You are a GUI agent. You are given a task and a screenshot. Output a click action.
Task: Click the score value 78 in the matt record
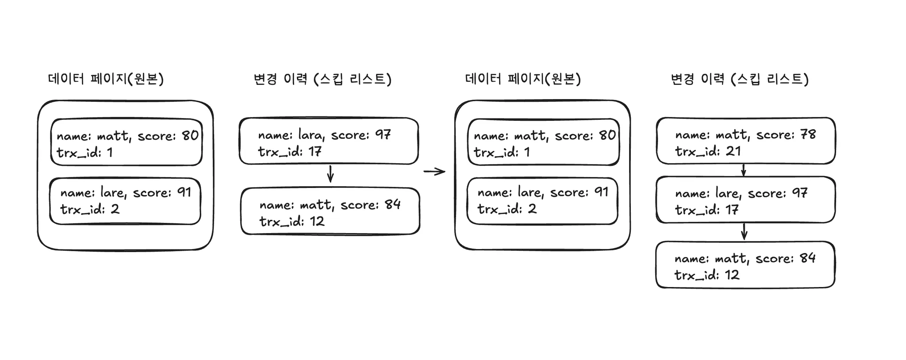pos(808,134)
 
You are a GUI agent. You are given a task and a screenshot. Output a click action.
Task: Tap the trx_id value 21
pos(733,151)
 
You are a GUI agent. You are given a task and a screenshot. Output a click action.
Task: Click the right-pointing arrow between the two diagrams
pos(434,172)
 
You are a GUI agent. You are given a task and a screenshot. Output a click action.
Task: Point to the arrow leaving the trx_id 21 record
pos(744,170)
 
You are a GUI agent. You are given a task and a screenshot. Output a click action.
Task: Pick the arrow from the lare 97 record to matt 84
pos(744,231)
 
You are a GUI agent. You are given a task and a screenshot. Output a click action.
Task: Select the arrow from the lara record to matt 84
pos(330,174)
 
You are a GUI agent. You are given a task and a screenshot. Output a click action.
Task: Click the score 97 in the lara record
pos(383,134)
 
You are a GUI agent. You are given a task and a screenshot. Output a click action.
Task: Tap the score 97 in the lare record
pos(799,193)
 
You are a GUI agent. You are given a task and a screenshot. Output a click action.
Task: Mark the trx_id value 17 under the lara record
pos(315,152)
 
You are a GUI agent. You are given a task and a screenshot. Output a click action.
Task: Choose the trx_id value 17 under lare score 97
pos(732,210)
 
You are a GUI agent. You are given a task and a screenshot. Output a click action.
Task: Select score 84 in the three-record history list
pos(807,258)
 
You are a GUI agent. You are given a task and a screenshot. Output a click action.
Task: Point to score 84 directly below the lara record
pos(392,204)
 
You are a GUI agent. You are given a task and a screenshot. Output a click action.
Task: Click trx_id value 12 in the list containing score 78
pos(732,275)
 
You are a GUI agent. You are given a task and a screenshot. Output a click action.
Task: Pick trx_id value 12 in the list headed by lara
pos(317,221)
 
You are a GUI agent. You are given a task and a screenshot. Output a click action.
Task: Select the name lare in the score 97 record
pos(727,193)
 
